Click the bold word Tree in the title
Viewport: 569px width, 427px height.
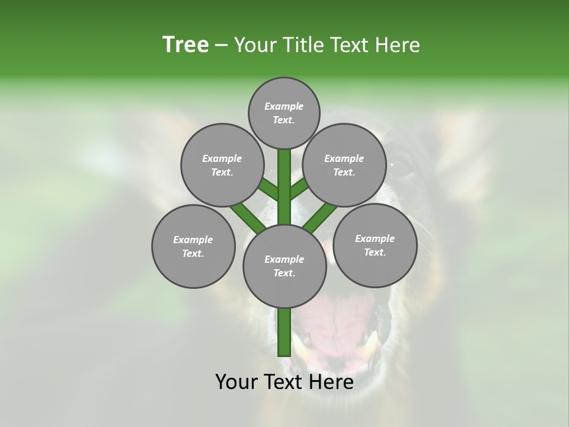pyautogui.click(x=186, y=45)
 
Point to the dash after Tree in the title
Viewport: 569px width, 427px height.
pyautogui.click(x=221, y=46)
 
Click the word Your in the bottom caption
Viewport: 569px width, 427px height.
pyautogui.click(x=237, y=382)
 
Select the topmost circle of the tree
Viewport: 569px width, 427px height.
pyautogui.click(x=284, y=113)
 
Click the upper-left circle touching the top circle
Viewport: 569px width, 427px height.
pyautogui.click(x=222, y=165)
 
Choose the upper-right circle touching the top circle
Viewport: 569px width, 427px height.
pyautogui.click(x=344, y=165)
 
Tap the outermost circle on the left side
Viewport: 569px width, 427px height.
pyautogui.click(x=193, y=246)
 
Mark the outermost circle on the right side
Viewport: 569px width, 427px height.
pyautogui.click(x=375, y=245)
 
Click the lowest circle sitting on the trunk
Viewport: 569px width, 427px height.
pyautogui.click(x=284, y=266)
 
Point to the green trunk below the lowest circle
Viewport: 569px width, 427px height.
pyautogui.click(x=284, y=332)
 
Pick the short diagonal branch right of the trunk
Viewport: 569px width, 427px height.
pyautogui.click(x=298, y=189)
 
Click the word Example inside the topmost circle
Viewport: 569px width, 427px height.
pyautogui.click(x=284, y=106)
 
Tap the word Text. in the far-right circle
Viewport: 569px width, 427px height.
pyautogui.click(x=375, y=252)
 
